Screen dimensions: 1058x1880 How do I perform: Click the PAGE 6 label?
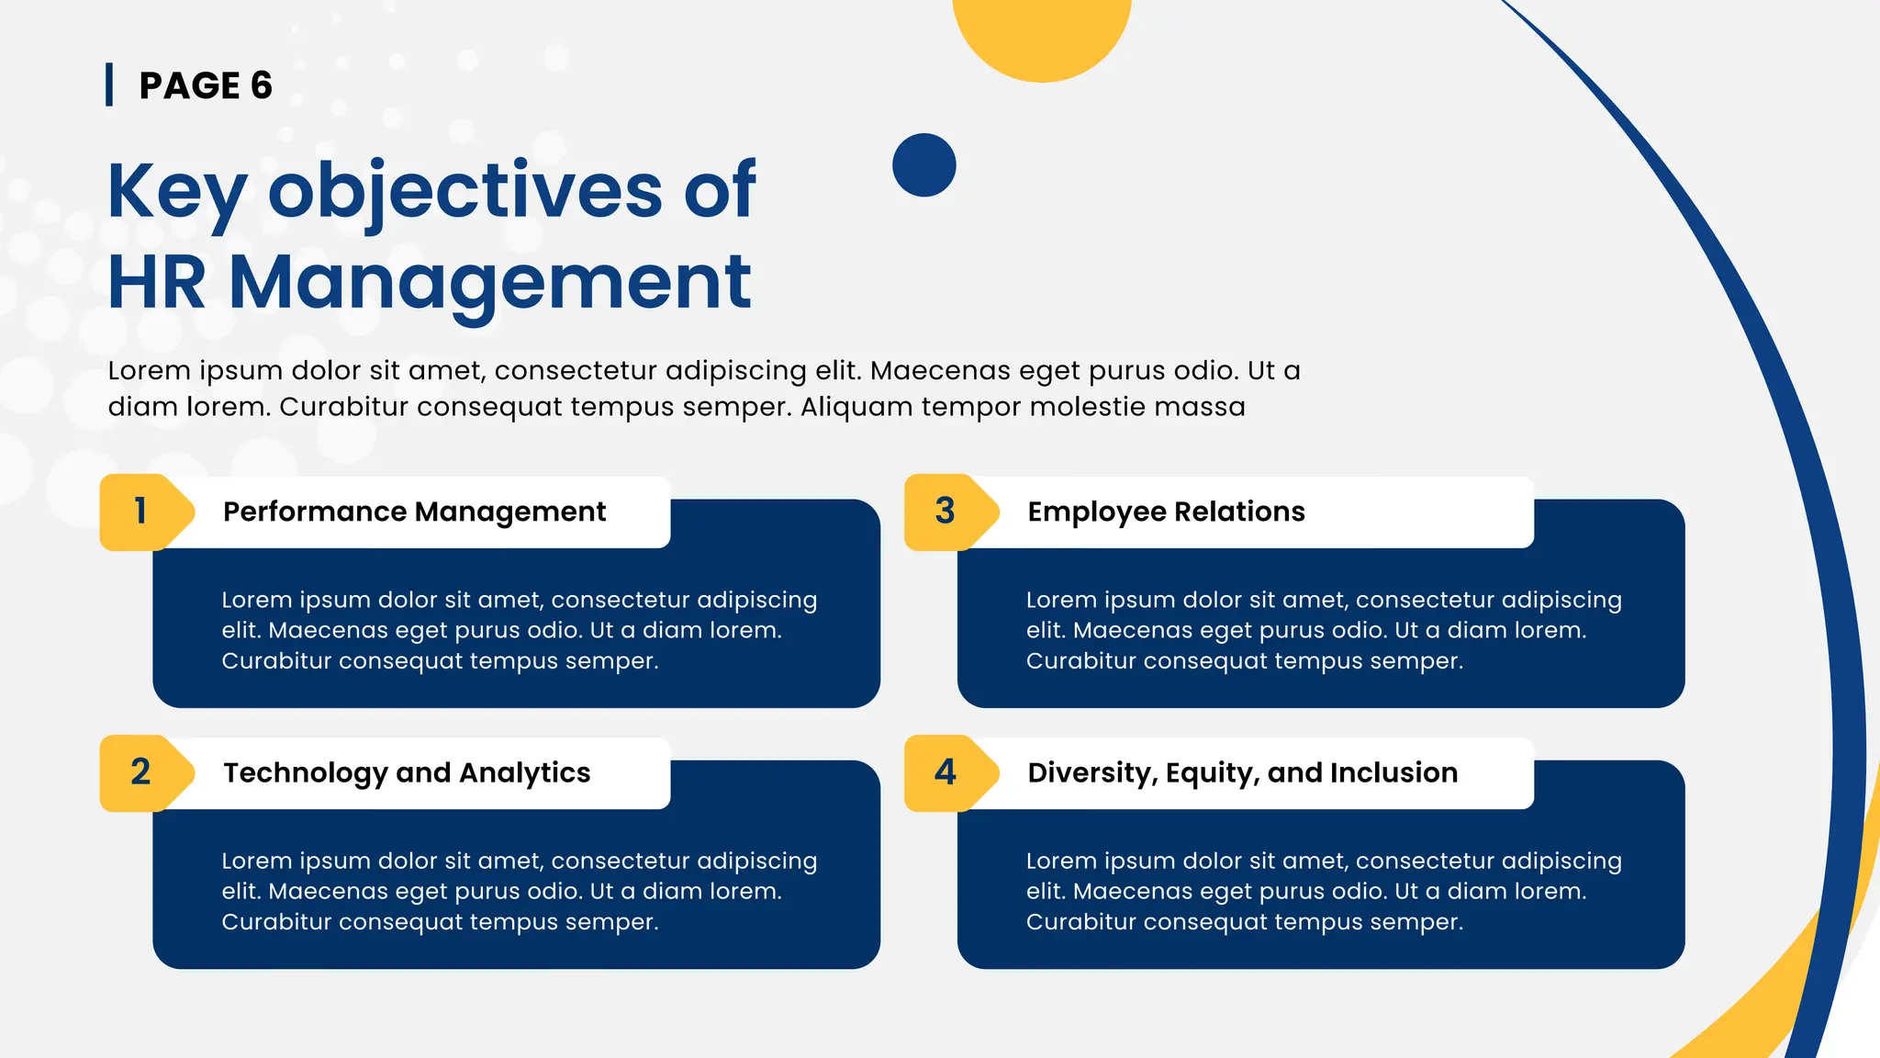click(206, 85)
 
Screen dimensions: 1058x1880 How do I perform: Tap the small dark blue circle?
click(923, 165)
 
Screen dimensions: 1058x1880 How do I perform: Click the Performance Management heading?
click(414, 512)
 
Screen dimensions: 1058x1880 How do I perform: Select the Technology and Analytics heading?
click(407, 772)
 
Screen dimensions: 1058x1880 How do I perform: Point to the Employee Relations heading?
click(1166, 512)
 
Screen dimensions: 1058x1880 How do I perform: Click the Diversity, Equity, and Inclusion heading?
click(1242, 772)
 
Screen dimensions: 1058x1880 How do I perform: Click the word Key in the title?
click(176, 191)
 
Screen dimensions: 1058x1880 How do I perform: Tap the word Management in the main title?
click(489, 283)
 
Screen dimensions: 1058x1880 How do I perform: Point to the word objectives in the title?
click(464, 191)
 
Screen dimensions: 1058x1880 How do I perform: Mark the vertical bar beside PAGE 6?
click(109, 84)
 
